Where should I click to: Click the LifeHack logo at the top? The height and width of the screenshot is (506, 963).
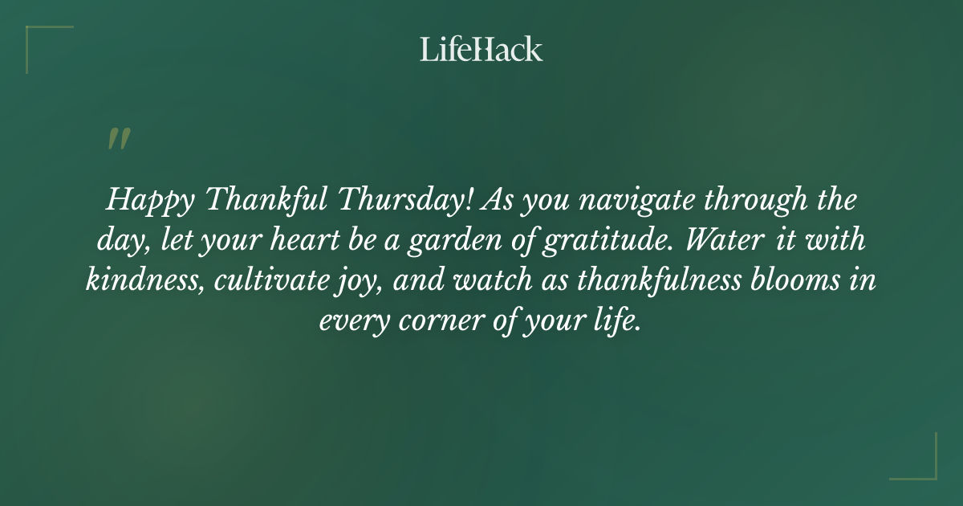tap(481, 49)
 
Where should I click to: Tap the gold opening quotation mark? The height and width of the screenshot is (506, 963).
tap(118, 139)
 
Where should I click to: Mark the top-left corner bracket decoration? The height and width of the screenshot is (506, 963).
tap(40, 40)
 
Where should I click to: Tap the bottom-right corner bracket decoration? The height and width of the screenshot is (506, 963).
tap(922, 465)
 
